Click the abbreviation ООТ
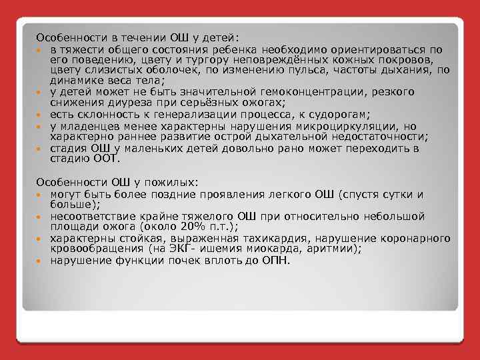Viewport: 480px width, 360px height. click(105, 159)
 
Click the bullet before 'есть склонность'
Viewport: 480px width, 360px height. click(41, 115)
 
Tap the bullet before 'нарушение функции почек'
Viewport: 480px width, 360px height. click(41, 261)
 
